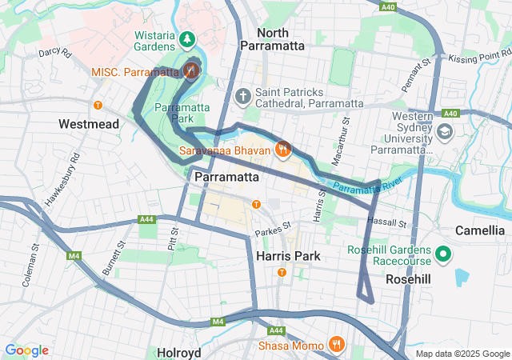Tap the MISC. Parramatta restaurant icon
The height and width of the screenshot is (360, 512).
click(190, 71)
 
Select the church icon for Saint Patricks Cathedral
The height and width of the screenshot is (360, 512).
click(243, 96)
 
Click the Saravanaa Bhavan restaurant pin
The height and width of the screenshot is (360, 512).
click(282, 149)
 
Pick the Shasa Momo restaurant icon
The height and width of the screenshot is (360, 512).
click(337, 345)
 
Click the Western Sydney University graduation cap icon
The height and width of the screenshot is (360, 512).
click(445, 130)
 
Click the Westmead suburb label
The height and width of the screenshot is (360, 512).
click(89, 125)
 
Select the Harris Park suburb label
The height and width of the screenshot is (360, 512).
click(288, 256)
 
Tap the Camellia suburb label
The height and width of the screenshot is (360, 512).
click(478, 230)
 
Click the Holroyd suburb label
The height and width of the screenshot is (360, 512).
click(178, 351)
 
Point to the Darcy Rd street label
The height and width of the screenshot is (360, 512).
click(55, 53)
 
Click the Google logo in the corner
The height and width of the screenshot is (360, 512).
click(26, 350)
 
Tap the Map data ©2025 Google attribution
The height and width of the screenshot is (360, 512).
click(462, 354)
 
